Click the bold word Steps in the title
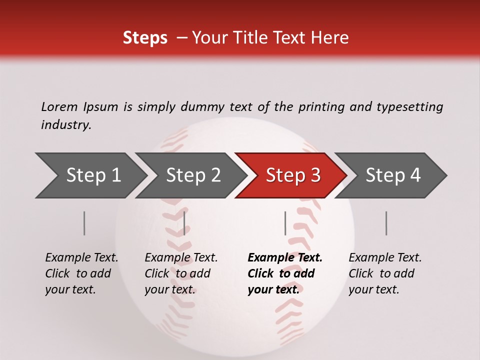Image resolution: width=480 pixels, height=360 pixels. coord(145,38)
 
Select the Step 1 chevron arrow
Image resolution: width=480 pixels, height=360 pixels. coord(90,175)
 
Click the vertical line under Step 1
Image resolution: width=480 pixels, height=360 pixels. coord(84,223)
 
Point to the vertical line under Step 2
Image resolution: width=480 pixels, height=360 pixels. coord(184,223)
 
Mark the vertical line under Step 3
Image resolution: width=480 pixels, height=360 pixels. coord(285,223)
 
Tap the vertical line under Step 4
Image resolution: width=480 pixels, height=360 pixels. coord(386,223)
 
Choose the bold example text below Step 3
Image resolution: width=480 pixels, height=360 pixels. coord(284,273)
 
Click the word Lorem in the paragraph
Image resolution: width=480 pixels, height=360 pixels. coord(59,106)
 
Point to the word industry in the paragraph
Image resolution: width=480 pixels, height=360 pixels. coord(66,125)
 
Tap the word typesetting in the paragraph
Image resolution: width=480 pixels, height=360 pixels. coord(409,107)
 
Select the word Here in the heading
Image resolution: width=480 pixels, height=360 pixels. coord(331,38)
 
